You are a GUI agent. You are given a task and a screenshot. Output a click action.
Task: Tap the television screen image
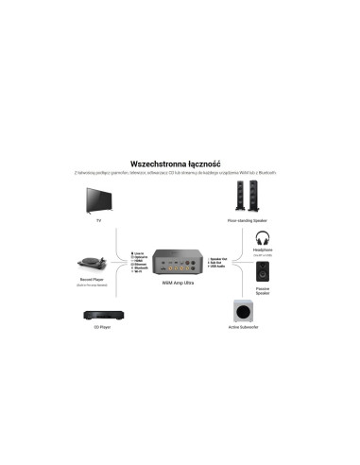[98, 198]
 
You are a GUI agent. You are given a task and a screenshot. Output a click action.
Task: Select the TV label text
[98, 220]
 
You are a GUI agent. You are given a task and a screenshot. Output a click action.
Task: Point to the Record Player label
[98, 282]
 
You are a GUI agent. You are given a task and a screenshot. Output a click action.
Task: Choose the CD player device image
[98, 317]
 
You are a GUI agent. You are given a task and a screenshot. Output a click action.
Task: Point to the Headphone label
[264, 251]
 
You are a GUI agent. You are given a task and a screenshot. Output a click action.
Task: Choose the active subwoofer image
[245, 315]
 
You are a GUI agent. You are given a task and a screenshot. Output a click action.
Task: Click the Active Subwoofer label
[245, 333]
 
